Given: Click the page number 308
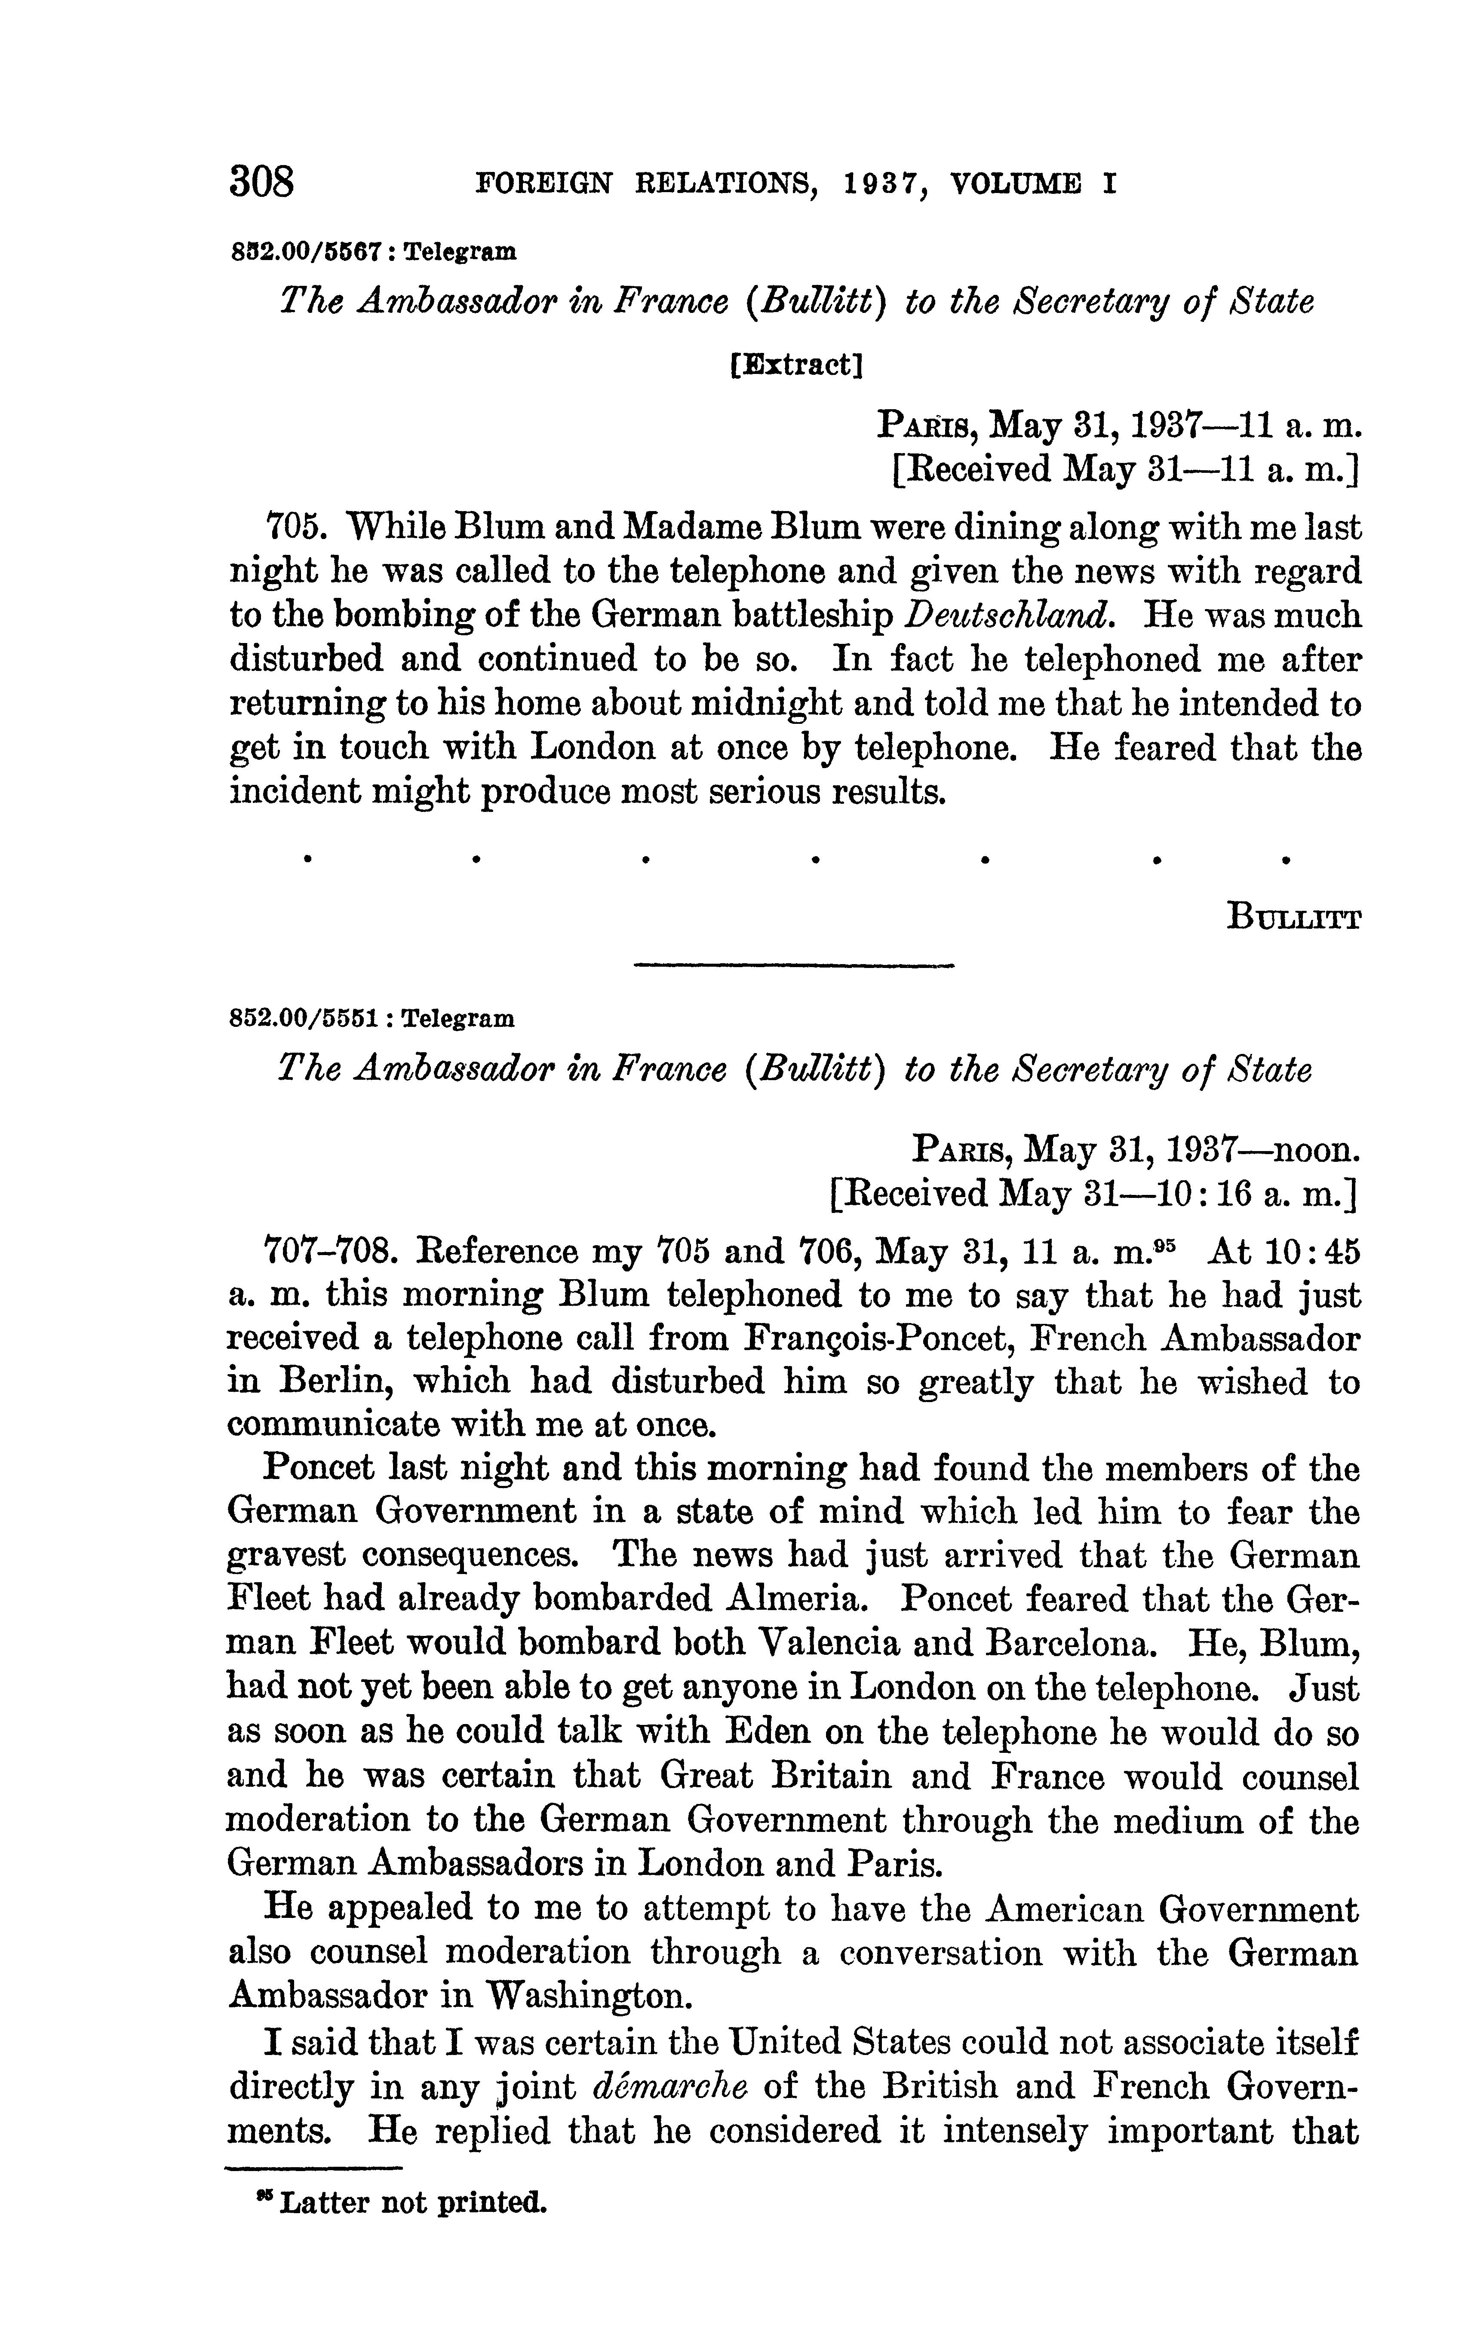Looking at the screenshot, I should [x=261, y=181].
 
